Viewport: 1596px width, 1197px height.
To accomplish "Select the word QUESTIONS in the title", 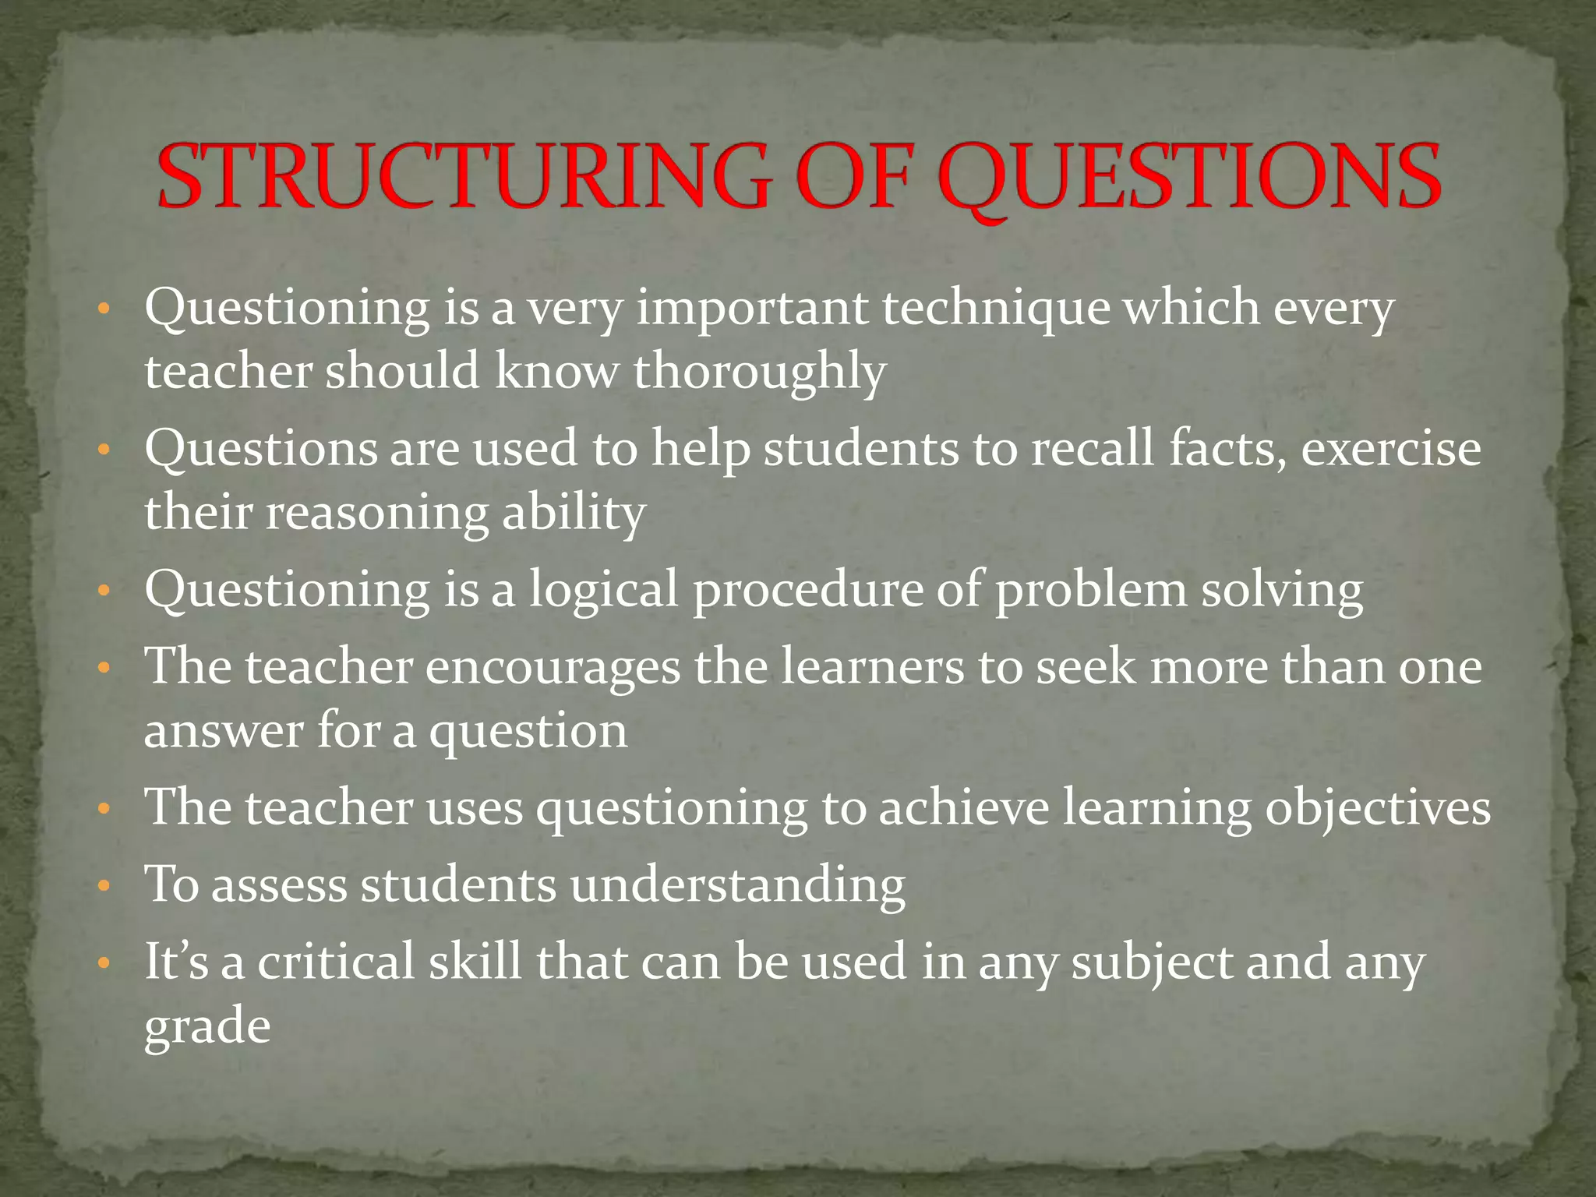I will point(1189,178).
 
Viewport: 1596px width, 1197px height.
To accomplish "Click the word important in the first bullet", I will point(752,309).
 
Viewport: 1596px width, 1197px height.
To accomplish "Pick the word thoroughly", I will point(760,372).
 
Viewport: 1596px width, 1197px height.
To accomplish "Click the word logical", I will point(604,589).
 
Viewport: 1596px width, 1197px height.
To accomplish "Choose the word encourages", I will point(553,667).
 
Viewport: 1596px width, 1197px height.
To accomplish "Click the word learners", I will point(873,667).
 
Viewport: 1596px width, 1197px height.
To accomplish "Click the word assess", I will point(279,885).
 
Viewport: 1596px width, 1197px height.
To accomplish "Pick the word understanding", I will point(737,886).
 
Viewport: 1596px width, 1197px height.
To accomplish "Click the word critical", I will point(336,961).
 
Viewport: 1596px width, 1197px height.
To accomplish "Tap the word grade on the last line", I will point(207,1027).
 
